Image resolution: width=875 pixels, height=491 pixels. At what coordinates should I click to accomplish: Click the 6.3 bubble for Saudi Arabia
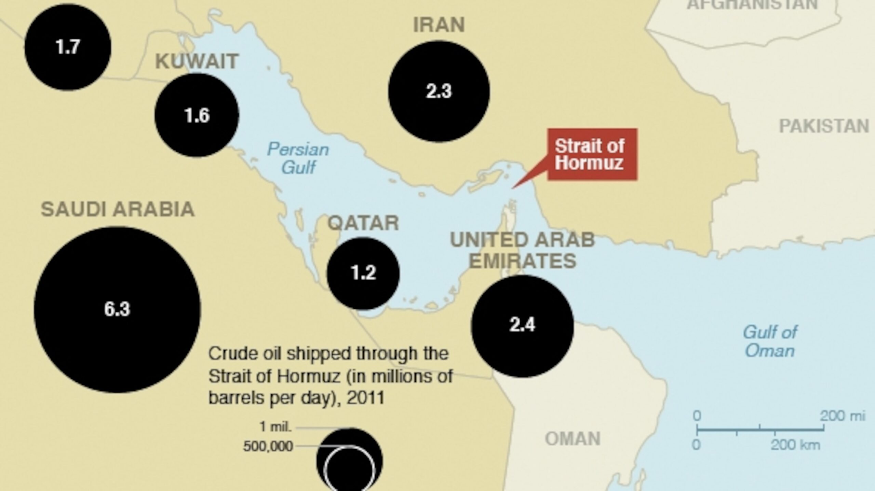tap(117, 309)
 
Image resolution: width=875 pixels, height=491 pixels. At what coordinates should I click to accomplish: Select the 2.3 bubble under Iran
tap(439, 92)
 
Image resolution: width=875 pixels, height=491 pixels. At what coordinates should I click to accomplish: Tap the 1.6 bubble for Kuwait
tap(197, 115)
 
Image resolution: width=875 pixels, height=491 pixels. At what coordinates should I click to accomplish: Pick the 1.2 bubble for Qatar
tap(363, 273)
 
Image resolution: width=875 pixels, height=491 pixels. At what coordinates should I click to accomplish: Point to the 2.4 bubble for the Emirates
tap(522, 325)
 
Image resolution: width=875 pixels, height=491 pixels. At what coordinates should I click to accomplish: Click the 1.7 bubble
tap(68, 47)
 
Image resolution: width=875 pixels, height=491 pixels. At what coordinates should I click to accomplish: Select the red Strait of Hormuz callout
tap(592, 154)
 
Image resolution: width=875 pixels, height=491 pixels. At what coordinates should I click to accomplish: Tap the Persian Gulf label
tap(298, 158)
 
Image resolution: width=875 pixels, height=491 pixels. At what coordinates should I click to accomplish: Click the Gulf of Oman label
tap(770, 341)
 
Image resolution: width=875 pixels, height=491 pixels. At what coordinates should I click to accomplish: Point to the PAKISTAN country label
tap(824, 126)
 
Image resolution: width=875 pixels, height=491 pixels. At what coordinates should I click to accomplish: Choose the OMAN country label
tap(573, 439)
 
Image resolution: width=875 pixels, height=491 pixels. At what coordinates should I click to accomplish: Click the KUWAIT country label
tap(197, 61)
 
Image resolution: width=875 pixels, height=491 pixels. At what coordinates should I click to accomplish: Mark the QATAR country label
tap(363, 223)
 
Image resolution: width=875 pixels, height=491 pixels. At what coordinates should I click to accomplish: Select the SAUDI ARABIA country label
tap(118, 209)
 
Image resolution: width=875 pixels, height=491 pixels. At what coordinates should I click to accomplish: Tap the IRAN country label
tap(439, 25)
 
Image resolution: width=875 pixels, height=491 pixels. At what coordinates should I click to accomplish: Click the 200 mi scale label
tap(842, 416)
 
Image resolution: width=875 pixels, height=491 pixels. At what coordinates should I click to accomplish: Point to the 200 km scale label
tap(795, 445)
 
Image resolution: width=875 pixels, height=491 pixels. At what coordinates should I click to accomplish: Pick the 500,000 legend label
tap(268, 446)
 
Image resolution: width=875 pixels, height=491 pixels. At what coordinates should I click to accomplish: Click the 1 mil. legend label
tap(275, 426)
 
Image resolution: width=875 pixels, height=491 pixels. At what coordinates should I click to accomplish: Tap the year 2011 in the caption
tap(365, 398)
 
